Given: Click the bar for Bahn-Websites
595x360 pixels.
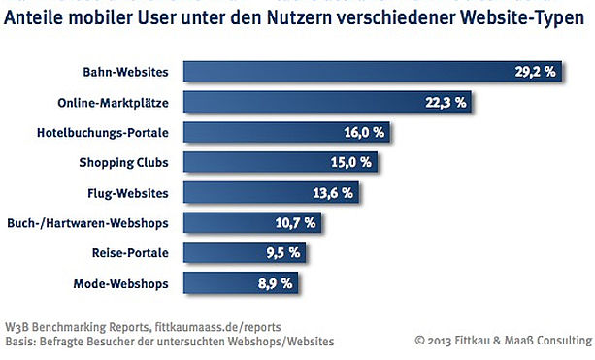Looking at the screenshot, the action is click(373, 71).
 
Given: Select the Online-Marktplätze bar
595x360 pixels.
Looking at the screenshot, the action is click(327, 102).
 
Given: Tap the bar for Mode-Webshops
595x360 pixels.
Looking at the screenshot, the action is click(241, 283).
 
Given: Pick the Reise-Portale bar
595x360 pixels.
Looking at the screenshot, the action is click(245, 252).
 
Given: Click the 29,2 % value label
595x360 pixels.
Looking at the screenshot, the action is click(535, 72).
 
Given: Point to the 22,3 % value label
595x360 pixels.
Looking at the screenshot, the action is click(446, 103).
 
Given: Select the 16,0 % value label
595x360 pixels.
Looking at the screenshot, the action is click(364, 132).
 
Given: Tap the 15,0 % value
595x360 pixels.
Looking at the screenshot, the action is click(351, 162).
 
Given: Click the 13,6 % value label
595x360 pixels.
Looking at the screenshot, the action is click(333, 193).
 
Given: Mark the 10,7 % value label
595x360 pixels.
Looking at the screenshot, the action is click(295, 223).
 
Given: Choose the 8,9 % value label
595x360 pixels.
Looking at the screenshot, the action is click(275, 283).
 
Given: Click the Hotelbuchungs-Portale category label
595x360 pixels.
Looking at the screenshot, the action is click(103, 133).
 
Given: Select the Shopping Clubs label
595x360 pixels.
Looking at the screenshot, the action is click(123, 163).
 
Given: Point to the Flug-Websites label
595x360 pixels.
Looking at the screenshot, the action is click(128, 193).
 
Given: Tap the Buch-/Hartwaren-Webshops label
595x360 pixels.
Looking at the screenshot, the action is click(87, 223).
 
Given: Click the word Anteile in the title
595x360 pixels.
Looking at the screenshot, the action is click(33, 17).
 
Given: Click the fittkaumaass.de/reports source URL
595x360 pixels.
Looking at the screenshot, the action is click(217, 327).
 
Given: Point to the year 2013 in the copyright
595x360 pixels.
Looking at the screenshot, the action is click(440, 341).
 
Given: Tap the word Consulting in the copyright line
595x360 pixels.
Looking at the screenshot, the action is click(565, 341).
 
